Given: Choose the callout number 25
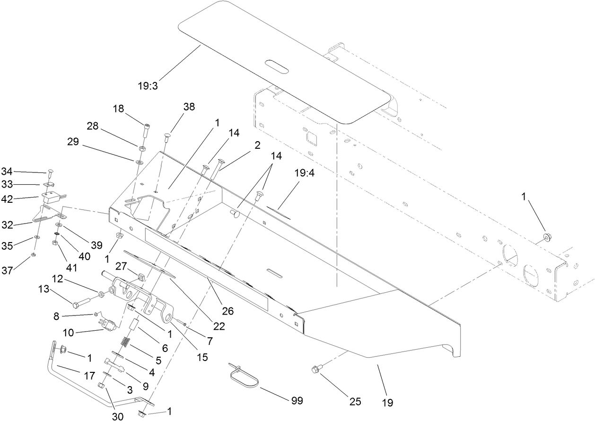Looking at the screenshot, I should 355,401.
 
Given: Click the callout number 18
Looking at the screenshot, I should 118,108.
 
